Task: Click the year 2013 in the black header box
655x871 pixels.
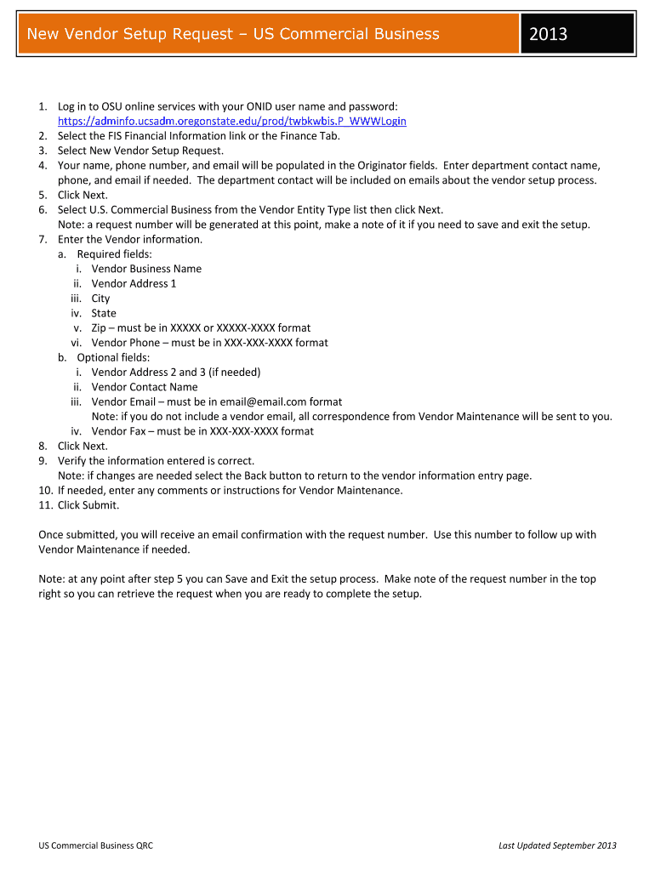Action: point(548,34)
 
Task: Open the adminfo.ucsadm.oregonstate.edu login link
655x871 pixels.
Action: point(231,121)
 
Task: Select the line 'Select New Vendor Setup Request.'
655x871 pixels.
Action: point(140,151)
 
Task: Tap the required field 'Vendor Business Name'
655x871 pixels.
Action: point(146,269)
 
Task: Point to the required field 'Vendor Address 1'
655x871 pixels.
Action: point(134,283)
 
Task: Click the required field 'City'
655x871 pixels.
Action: point(100,299)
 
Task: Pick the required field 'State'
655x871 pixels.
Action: point(104,313)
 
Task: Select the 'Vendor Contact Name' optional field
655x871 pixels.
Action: point(144,387)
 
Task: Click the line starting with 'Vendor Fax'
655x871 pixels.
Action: point(202,431)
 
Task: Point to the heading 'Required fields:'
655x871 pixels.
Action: point(115,253)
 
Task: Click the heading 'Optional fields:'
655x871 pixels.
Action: point(113,357)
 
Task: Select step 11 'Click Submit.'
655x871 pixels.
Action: point(88,505)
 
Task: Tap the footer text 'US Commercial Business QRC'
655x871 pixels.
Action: point(95,845)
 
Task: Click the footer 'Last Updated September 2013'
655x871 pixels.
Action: point(557,845)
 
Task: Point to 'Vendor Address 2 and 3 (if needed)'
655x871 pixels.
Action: point(176,372)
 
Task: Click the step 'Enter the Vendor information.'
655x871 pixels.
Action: point(130,239)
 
